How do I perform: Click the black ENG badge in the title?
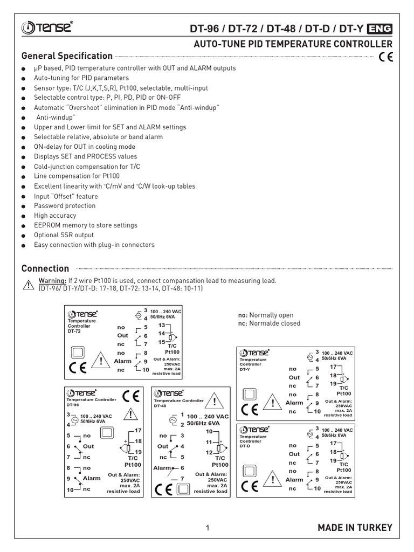[379, 29]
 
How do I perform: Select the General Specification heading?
[67, 56]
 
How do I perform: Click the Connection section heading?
[45, 268]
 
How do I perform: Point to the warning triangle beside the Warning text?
[29, 285]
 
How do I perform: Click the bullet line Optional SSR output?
[64, 235]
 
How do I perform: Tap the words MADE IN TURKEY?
[355, 528]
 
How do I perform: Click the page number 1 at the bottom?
[207, 528]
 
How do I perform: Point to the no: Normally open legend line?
[266, 315]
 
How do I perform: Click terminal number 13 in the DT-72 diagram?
[161, 326]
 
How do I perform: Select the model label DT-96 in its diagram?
[72, 404]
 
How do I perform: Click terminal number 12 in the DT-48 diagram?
[209, 452]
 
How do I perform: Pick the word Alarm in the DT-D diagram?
[294, 479]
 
